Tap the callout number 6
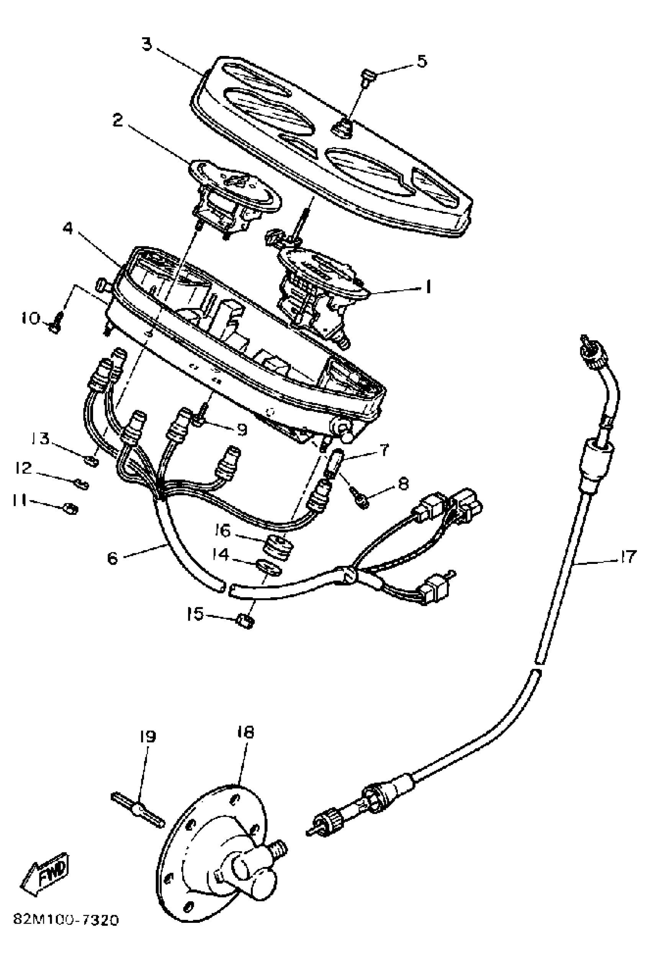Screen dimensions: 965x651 coord(113,559)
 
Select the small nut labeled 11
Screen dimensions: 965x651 coord(71,508)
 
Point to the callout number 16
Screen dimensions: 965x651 coord(222,531)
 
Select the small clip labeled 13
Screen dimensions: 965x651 coord(92,460)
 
